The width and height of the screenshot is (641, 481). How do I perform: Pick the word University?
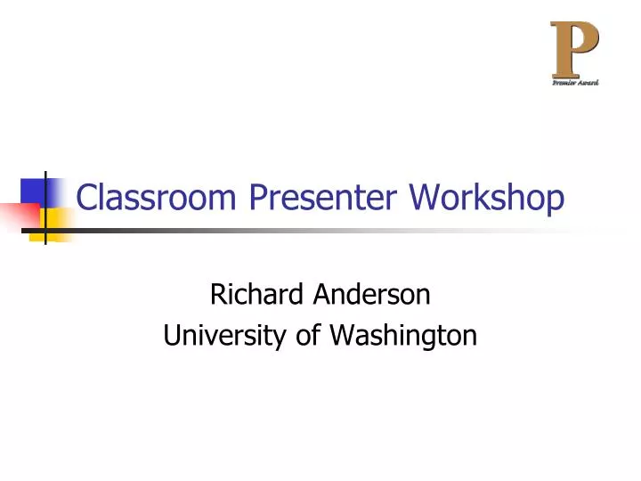[x=216, y=336]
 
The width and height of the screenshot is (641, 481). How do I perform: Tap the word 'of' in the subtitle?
[x=303, y=336]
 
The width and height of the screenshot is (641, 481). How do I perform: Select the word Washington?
[x=403, y=336]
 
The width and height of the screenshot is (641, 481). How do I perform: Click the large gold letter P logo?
[x=574, y=49]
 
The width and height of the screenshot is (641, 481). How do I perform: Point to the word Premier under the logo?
[x=563, y=83]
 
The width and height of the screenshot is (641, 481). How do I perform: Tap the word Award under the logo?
[x=588, y=83]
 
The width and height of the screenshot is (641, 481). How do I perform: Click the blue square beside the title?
[x=36, y=191]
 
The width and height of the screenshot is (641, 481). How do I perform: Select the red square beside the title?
[x=20, y=216]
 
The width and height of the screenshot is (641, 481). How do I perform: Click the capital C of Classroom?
[x=87, y=198]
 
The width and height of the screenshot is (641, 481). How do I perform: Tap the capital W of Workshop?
[x=424, y=198]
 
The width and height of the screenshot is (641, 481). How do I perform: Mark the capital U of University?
[x=172, y=336]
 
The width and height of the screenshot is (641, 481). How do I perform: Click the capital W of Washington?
[x=342, y=336]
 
